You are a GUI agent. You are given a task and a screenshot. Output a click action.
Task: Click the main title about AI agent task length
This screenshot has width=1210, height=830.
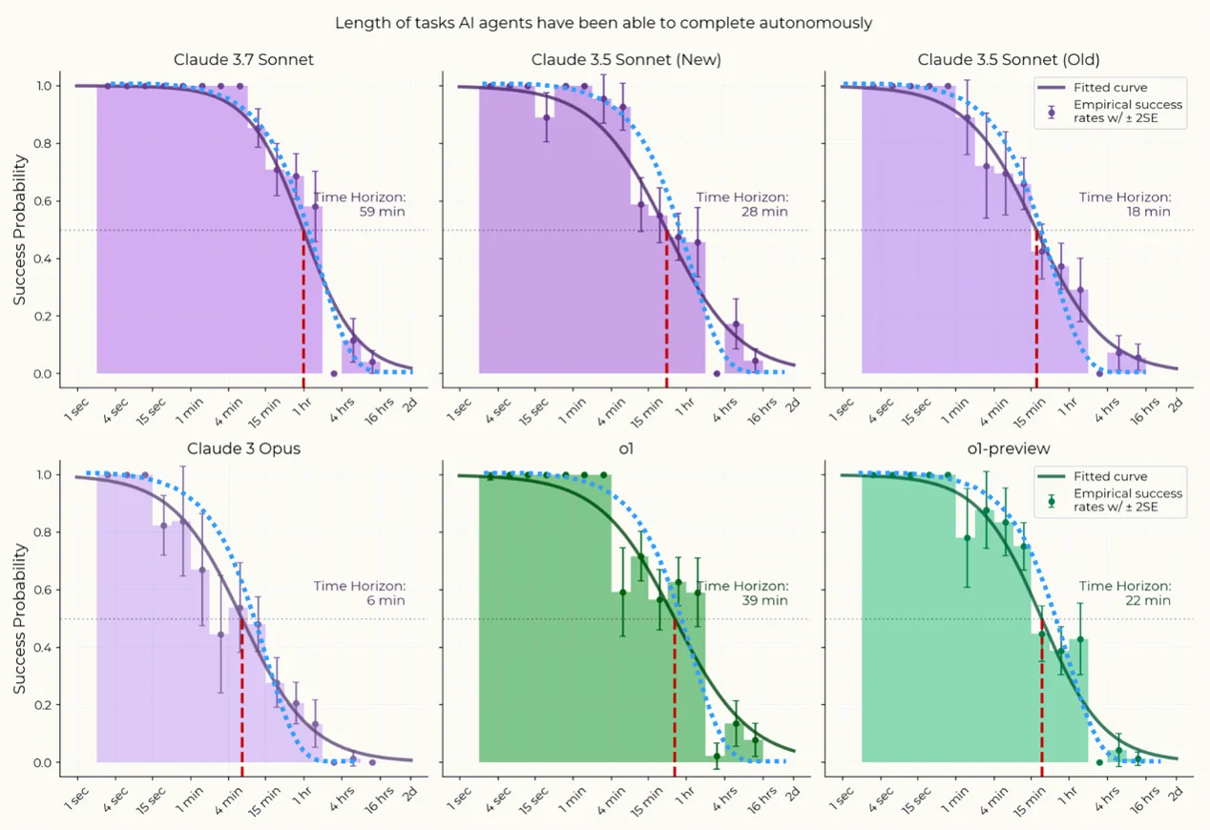tap(603, 23)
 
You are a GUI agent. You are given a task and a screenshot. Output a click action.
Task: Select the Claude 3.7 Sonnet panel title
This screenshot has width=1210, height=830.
tap(243, 60)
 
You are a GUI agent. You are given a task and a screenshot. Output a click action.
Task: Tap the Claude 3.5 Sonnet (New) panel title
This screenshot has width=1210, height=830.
tap(626, 60)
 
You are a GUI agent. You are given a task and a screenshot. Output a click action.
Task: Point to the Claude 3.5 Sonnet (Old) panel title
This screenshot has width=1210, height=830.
tap(1009, 60)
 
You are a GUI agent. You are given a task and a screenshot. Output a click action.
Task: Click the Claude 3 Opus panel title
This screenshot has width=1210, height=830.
tap(243, 448)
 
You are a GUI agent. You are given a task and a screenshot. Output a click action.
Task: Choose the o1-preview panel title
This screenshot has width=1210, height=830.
tap(1009, 448)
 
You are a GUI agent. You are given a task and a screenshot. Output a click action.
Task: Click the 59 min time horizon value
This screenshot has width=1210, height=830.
tap(382, 212)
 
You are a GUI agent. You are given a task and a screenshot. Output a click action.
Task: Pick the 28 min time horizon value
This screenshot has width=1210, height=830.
tap(764, 212)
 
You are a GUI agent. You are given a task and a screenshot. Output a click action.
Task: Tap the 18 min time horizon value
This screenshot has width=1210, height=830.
tap(1148, 212)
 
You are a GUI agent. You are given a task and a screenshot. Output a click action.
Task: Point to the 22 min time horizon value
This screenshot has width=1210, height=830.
tap(1148, 601)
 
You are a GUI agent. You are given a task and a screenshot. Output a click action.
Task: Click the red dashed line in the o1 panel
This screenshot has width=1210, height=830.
tap(675, 696)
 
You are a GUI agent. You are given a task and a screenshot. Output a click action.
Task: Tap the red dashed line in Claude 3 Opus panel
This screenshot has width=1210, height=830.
tap(241, 696)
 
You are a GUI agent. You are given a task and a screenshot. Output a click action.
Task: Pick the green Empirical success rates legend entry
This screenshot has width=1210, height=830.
tap(1127, 501)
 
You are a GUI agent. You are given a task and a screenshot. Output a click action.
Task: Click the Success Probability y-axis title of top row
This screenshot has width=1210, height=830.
tap(19, 229)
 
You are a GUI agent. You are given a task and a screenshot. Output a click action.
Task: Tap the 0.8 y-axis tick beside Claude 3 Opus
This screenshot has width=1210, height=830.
tap(42, 533)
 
